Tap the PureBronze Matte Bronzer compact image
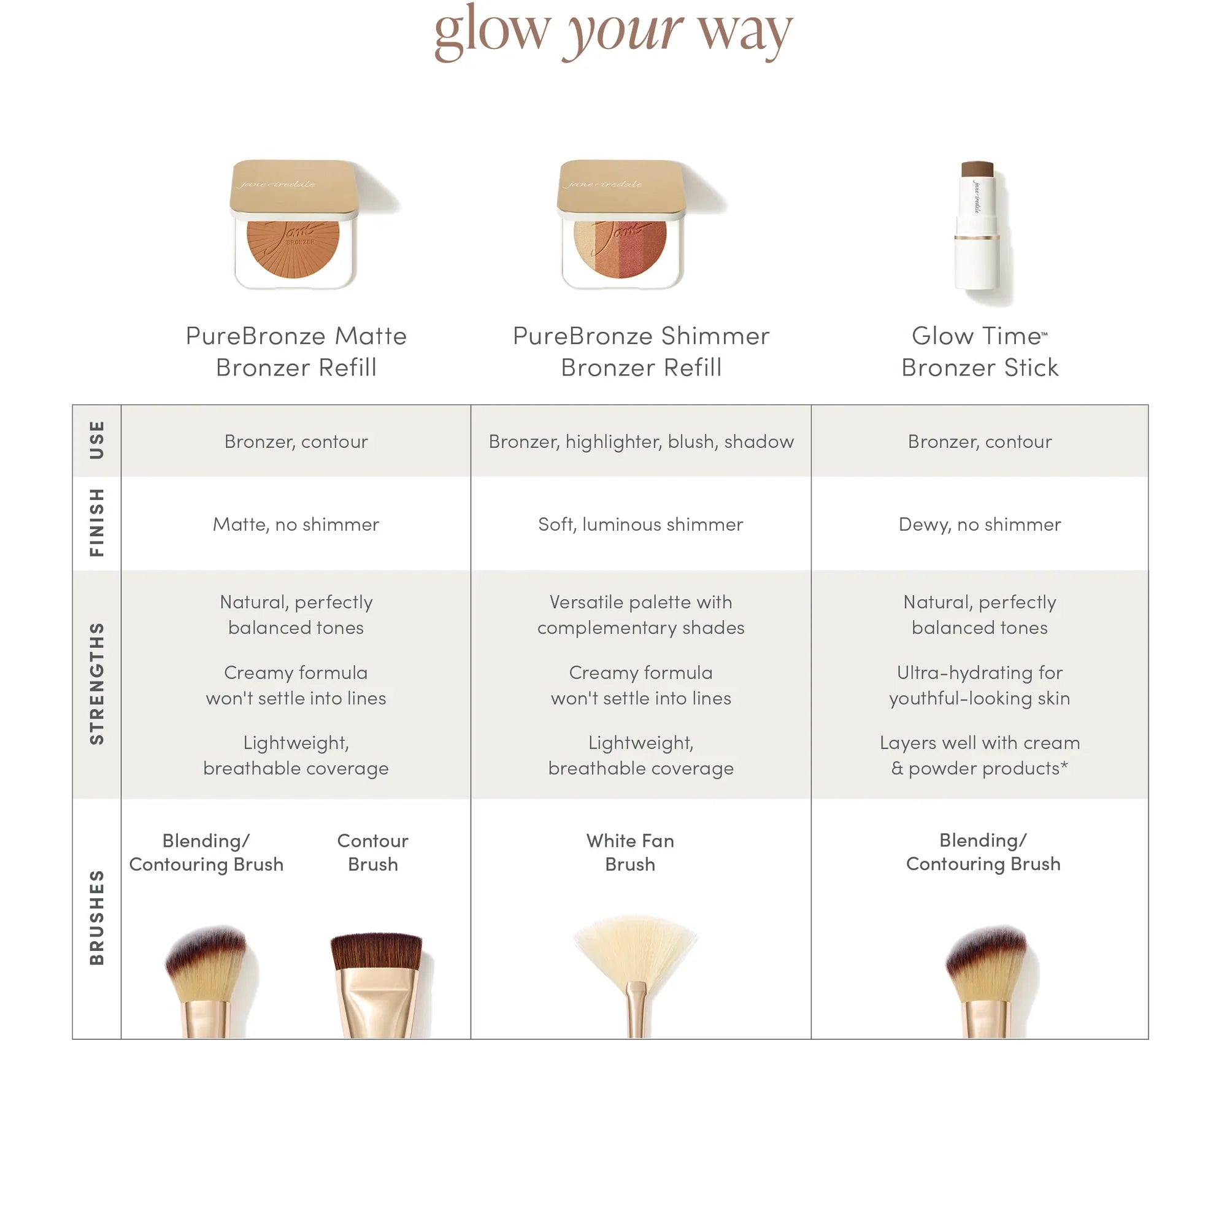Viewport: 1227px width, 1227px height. click(x=294, y=225)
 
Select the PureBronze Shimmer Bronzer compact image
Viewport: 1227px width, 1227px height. click(x=621, y=225)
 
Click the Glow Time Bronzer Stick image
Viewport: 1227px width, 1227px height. click(x=978, y=232)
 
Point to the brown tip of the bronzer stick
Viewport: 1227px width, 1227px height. click(x=977, y=169)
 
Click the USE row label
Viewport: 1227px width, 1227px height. click(x=96, y=440)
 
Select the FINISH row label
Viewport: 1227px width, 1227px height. click(x=96, y=523)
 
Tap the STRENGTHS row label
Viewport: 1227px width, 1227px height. click(x=96, y=683)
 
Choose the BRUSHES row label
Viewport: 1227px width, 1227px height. click(x=96, y=918)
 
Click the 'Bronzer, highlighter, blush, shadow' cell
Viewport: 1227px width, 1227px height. click(x=641, y=441)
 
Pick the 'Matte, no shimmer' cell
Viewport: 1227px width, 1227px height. click(x=296, y=524)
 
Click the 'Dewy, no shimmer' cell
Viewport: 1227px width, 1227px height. click(x=979, y=524)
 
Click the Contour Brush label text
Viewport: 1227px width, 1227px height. click(x=373, y=852)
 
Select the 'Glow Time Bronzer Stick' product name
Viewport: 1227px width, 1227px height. click(x=979, y=351)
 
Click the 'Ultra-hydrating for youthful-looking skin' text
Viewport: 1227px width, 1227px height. click(x=979, y=685)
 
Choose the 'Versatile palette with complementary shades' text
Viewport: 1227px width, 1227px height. click(x=641, y=615)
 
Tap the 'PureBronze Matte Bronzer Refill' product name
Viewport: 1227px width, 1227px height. click(x=296, y=351)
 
